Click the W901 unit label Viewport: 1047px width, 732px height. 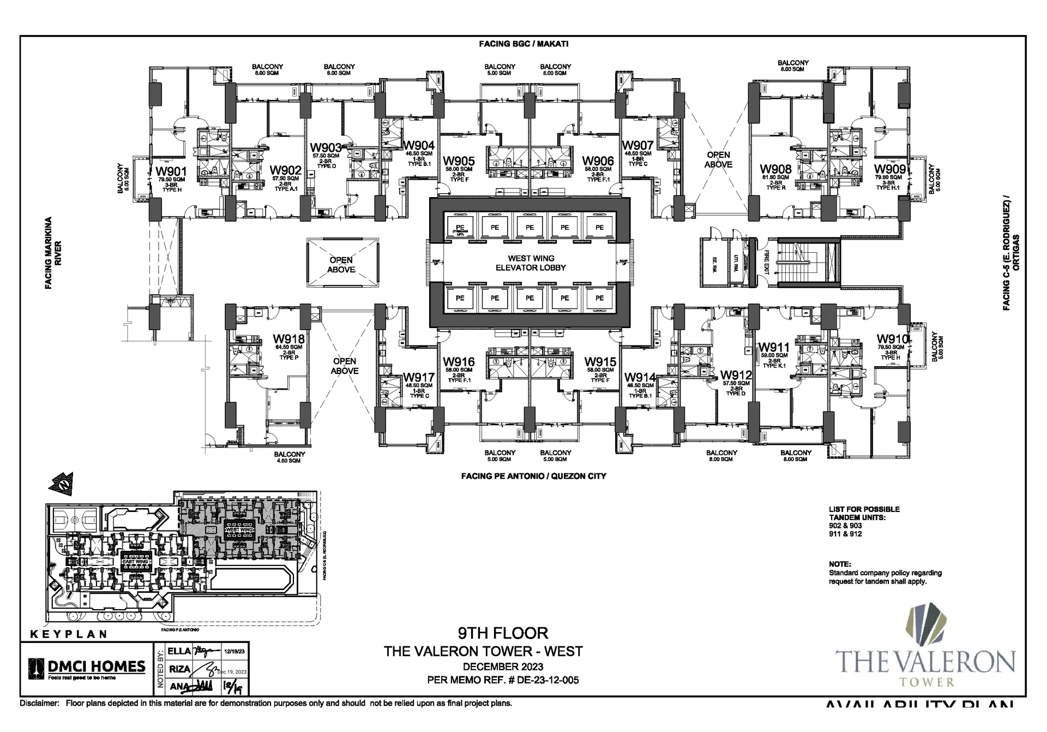tap(171, 171)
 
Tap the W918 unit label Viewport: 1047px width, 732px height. tap(288, 339)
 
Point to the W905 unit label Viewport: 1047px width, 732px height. tap(459, 161)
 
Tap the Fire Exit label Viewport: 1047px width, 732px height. tap(766, 263)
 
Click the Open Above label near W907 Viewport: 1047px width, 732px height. tap(718, 160)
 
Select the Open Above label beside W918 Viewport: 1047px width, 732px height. tap(345, 366)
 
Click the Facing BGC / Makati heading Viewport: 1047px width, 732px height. tap(523, 44)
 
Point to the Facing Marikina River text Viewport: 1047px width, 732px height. tap(53, 253)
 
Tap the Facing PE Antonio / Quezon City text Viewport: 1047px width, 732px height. tap(533, 476)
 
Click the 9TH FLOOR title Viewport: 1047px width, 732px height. tap(502, 633)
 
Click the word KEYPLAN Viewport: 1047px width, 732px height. tap(68, 634)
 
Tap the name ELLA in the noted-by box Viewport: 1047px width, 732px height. tap(179, 651)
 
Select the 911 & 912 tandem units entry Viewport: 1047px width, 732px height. tap(845, 534)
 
